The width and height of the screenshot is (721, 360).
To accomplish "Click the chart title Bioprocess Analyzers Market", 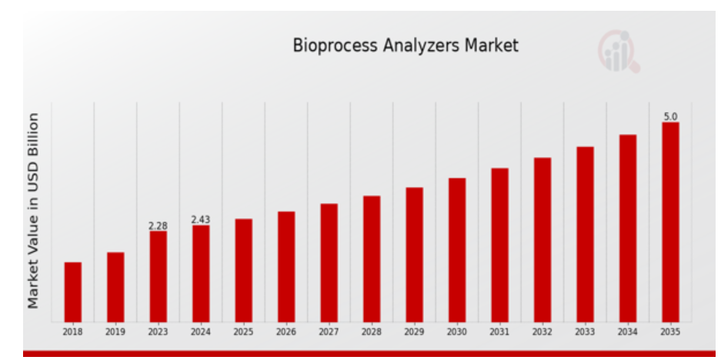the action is click(406, 45).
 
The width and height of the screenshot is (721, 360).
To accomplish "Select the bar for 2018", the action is click(72, 292).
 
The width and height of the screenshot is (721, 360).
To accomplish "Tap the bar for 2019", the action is click(115, 287).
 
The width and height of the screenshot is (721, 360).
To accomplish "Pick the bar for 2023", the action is click(159, 276).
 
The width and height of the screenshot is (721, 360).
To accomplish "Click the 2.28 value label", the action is click(159, 225).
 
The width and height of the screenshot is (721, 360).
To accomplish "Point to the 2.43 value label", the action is click(201, 220).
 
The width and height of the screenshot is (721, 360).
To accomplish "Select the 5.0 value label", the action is click(670, 117).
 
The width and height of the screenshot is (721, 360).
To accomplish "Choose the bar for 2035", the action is click(670, 222).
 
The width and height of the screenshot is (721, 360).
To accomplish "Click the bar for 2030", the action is click(457, 250).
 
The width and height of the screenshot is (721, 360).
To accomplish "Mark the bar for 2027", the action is click(329, 263).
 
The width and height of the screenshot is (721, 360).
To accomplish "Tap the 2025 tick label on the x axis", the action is click(243, 332).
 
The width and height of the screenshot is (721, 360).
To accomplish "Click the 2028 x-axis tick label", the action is click(372, 332).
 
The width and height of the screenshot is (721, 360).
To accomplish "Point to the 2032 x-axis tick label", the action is click(542, 332).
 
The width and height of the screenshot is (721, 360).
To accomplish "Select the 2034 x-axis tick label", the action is click(628, 332).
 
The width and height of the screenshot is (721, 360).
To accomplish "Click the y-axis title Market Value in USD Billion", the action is click(33, 211).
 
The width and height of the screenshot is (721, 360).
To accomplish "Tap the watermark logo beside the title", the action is click(619, 52).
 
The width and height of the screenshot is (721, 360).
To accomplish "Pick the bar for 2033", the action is click(585, 235).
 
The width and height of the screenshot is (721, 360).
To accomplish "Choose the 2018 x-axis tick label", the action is click(72, 332).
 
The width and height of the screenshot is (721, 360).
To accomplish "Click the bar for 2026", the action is click(286, 267).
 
